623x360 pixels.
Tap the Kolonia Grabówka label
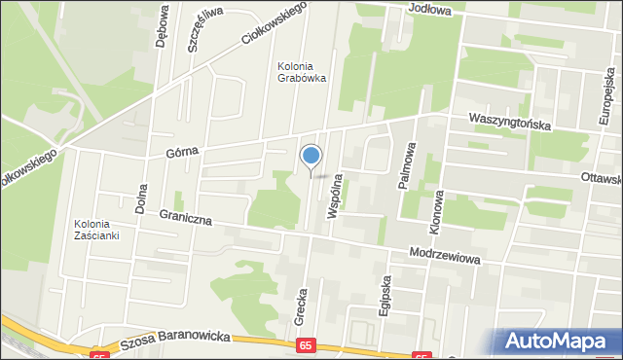pyautogui.click(x=301, y=71)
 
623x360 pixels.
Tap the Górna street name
pyautogui.click(x=181, y=151)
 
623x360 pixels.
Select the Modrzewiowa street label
pyautogui.click(x=446, y=249)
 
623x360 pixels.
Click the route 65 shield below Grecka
pyautogui.click(x=307, y=344)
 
